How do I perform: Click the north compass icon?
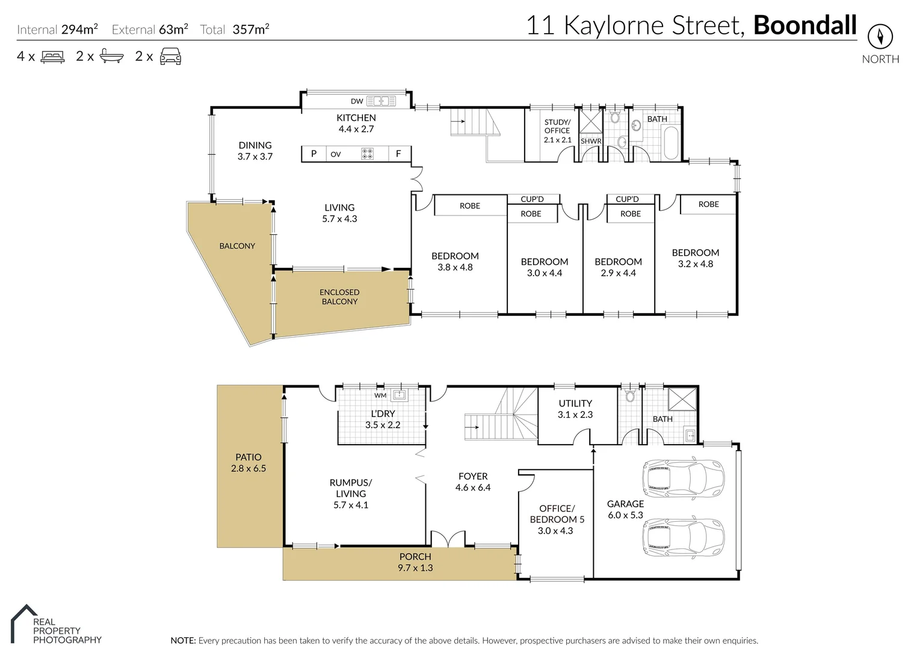(880, 37)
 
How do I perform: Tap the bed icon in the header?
(53, 57)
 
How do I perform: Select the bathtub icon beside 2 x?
(112, 57)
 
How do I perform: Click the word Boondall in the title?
(804, 25)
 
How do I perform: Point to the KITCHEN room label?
(356, 118)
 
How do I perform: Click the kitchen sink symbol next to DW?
(380, 101)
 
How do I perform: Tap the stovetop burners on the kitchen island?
(367, 154)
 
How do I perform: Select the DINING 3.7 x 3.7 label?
(255, 150)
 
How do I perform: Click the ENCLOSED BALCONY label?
(339, 297)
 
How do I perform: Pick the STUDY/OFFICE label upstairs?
(557, 126)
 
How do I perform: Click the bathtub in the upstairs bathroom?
(670, 143)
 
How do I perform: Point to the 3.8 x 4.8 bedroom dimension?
(455, 267)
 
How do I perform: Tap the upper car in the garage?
(684, 478)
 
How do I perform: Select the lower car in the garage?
(684, 537)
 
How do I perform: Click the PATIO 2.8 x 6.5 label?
(249, 462)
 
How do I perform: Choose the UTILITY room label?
(575, 403)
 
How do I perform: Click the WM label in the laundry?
(380, 395)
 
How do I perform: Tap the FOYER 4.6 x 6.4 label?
(473, 481)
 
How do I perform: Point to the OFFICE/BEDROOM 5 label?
(557, 514)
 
